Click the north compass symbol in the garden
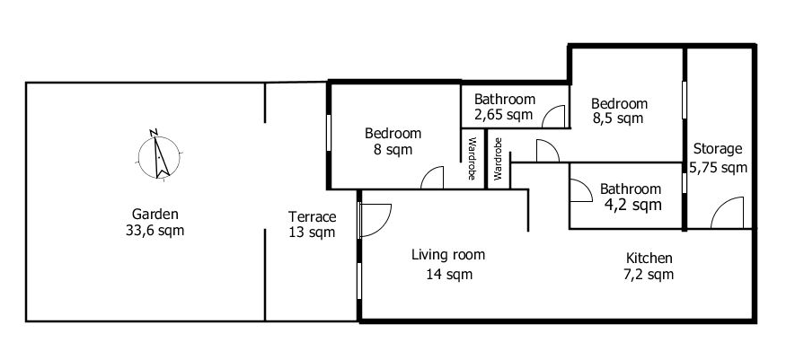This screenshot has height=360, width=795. [x=158, y=154]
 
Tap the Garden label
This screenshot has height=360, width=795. [x=155, y=214]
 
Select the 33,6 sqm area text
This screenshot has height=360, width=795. [x=155, y=231]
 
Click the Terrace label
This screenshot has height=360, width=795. [x=313, y=216]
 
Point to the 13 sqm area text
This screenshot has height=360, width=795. [x=313, y=233]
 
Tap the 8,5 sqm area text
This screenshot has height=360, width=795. [x=618, y=119]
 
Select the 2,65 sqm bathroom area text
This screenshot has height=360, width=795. [x=504, y=115]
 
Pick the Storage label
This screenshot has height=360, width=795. [x=718, y=149]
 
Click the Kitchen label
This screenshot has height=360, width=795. [x=649, y=258]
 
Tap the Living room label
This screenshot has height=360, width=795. [x=448, y=255]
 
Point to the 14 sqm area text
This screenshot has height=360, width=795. [x=449, y=275]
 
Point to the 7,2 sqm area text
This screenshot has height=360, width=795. [x=649, y=275]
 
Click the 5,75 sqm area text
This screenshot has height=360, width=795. [x=719, y=167]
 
